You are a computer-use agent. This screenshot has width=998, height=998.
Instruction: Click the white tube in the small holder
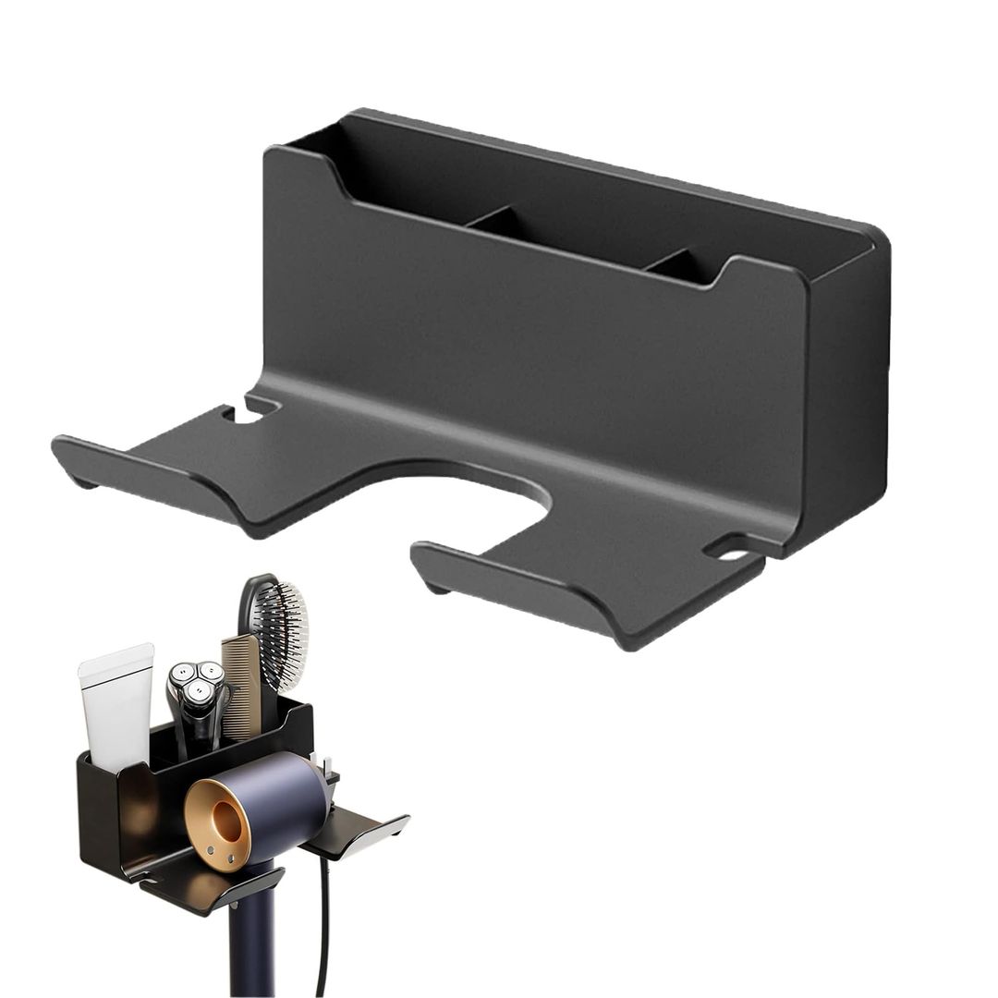[116, 702]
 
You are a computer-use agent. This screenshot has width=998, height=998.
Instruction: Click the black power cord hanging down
[323, 924]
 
